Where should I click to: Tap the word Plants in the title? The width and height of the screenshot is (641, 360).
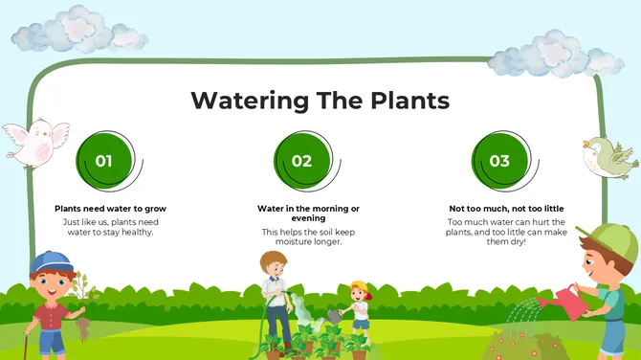pyautogui.click(x=401, y=101)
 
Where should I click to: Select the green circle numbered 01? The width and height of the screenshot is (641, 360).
pyautogui.click(x=103, y=160)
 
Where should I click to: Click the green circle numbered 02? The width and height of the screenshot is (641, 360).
pyautogui.click(x=301, y=160)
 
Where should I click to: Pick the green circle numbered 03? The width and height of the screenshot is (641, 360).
pyautogui.click(x=499, y=160)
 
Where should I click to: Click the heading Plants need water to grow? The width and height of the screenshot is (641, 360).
pyautogui.click(x=110, y=208)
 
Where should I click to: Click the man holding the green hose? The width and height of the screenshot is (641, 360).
pyautogui.click(x=276, y=297)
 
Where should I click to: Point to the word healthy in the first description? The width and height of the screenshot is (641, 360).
pyautogui.click(x=134, y=232)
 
